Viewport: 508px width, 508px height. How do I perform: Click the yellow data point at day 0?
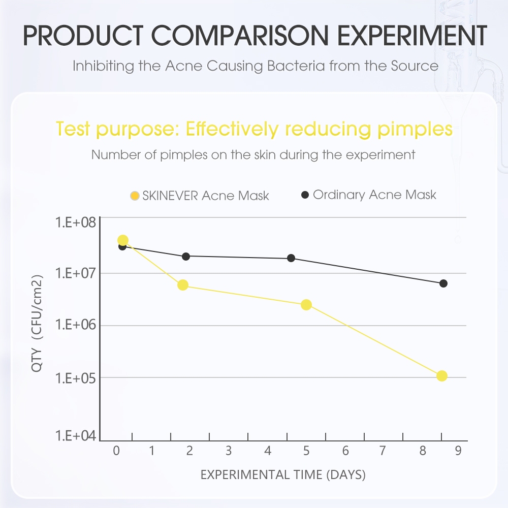click(122, 240)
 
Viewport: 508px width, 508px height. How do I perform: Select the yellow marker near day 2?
click(183, 285)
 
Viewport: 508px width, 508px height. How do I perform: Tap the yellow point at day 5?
click(306, 305)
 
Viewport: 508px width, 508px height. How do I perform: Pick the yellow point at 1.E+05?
click(441, 376)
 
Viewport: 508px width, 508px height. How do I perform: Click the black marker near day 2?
click(186, 257)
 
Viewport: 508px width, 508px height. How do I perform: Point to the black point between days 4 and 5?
click(291, 258)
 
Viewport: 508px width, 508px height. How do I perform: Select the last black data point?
click(443, 283)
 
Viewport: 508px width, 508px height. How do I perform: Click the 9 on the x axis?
click(458, 451)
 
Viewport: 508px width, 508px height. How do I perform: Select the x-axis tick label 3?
click(229, 451)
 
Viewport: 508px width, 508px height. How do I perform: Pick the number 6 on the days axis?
click(345, 451)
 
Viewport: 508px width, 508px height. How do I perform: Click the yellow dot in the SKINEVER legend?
click(135, 196)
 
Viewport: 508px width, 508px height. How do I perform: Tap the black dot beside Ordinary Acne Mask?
click(305, 195)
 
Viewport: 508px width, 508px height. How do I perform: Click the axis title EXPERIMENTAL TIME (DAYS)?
click(283, 475)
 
